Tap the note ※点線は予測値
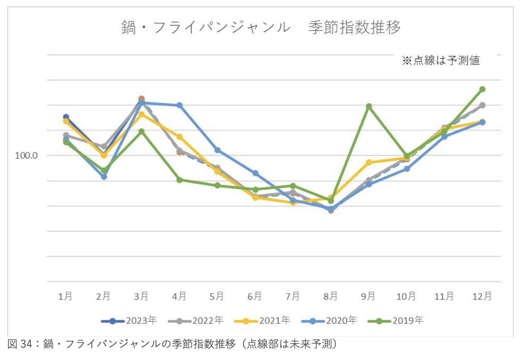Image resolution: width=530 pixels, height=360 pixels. [441, 61]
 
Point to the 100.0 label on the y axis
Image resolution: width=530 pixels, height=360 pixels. [26, 156]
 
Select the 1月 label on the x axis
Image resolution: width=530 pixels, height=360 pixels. [66, 296]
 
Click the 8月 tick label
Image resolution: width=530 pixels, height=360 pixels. [331, 296]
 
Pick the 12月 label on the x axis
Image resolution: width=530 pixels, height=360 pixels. [482, 296]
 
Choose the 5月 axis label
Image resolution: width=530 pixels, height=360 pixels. [217, 296]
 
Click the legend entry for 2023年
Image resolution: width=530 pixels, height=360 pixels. [129, 320]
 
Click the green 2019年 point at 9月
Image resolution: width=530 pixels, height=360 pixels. [369, 106]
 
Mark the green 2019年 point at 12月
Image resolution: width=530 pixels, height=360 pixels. [482, 89]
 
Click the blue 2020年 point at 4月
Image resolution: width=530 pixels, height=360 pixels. [179, 105]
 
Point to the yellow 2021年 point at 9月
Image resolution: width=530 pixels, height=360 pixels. [369, 163]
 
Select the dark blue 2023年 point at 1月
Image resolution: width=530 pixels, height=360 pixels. [66, 117]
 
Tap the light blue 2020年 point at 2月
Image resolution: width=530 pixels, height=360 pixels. [104, 177]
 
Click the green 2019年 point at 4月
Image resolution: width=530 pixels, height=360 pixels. [179, 180]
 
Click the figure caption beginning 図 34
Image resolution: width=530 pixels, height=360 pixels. [172, 344]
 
